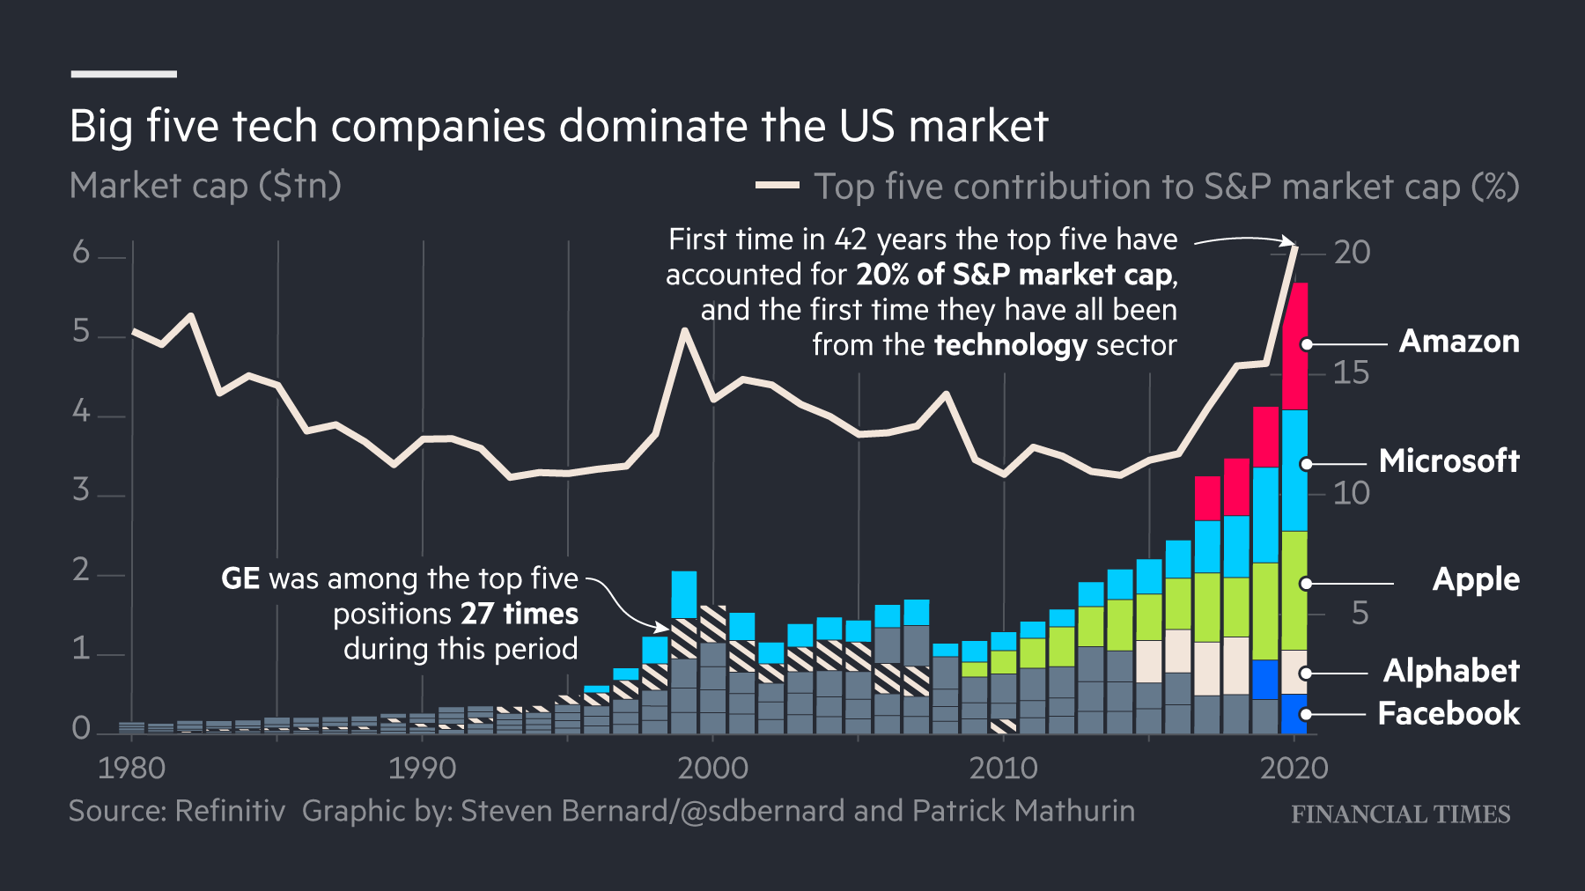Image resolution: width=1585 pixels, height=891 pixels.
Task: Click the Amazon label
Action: pyautogui.click(x=1459, y=342)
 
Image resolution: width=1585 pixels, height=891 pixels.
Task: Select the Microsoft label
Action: pyautogui.click(x=1449, y=461)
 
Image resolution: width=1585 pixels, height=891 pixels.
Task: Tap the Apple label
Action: pyautogui.click(x=1476, y=579)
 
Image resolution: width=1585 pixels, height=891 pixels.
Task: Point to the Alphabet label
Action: pyautogui.click(x=1451, y=671)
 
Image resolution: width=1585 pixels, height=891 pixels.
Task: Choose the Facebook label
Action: pyautogui.click(x=1449, y=713)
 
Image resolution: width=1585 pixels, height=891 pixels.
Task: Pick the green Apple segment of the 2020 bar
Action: pyautogui.click(x=1294, y=590)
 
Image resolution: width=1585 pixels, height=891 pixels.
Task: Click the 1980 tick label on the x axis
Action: pyautogui.click(x=132, y=769)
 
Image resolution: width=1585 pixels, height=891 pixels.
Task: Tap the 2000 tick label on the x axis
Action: pyautogui.click(x=712, y=769)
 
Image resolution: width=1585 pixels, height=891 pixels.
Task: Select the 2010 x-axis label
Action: pyautogui.click(x=1003, y=769)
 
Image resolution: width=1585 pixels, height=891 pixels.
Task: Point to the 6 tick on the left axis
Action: pyautogui.click(x=81, y=253)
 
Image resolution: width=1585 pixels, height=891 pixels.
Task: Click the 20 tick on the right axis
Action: pyautogui.click(x=1352, y=253)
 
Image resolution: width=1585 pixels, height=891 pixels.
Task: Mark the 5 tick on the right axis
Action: pyautogui.click(x=1360, y=613)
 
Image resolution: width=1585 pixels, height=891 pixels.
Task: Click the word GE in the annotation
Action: pyautogui.click(x=240, y=578)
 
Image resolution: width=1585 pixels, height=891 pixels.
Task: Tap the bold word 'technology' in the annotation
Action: pyautogui.click(x=1011, y=345)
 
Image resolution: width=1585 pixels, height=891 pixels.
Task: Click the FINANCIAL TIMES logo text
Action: pyautogui.click(x=1400, y=814)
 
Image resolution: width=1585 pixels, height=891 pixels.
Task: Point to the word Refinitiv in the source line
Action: pyautogui.click(x=231, y=811)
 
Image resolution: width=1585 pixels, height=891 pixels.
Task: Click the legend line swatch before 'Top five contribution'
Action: pyautogui.click(x=777, y=186)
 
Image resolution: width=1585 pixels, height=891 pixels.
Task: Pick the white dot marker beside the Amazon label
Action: pyautogui.click(x=1307, y=344)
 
